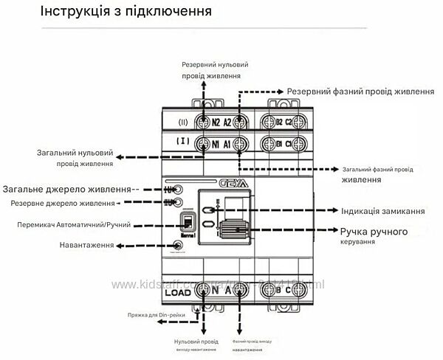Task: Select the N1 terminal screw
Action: pos(202,144)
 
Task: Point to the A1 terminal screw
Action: pos(239,144)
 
